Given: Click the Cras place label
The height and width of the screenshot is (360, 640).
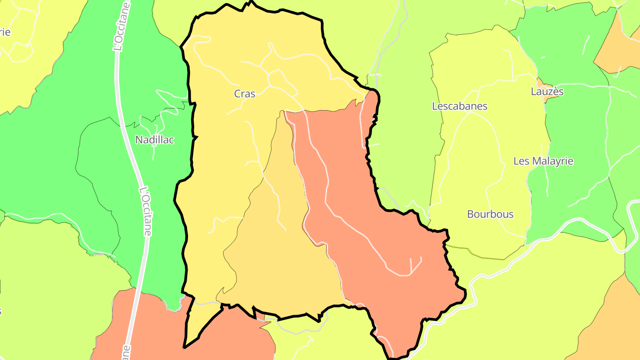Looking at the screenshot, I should tap(244, 94).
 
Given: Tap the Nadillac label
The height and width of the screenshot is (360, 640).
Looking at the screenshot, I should tap(154, 140).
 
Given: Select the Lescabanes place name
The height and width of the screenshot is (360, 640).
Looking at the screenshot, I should tap(460, 106).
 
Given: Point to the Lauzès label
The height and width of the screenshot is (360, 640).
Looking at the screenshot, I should tap(547, 92).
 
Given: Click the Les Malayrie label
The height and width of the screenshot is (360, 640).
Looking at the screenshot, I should tap(543, 161).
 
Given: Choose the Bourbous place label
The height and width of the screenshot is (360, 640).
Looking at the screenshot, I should tap(490, 214).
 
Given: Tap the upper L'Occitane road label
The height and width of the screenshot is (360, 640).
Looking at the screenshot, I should tap(119, 31).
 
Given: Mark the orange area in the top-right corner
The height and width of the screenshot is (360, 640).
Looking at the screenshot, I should tap(622, 49).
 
